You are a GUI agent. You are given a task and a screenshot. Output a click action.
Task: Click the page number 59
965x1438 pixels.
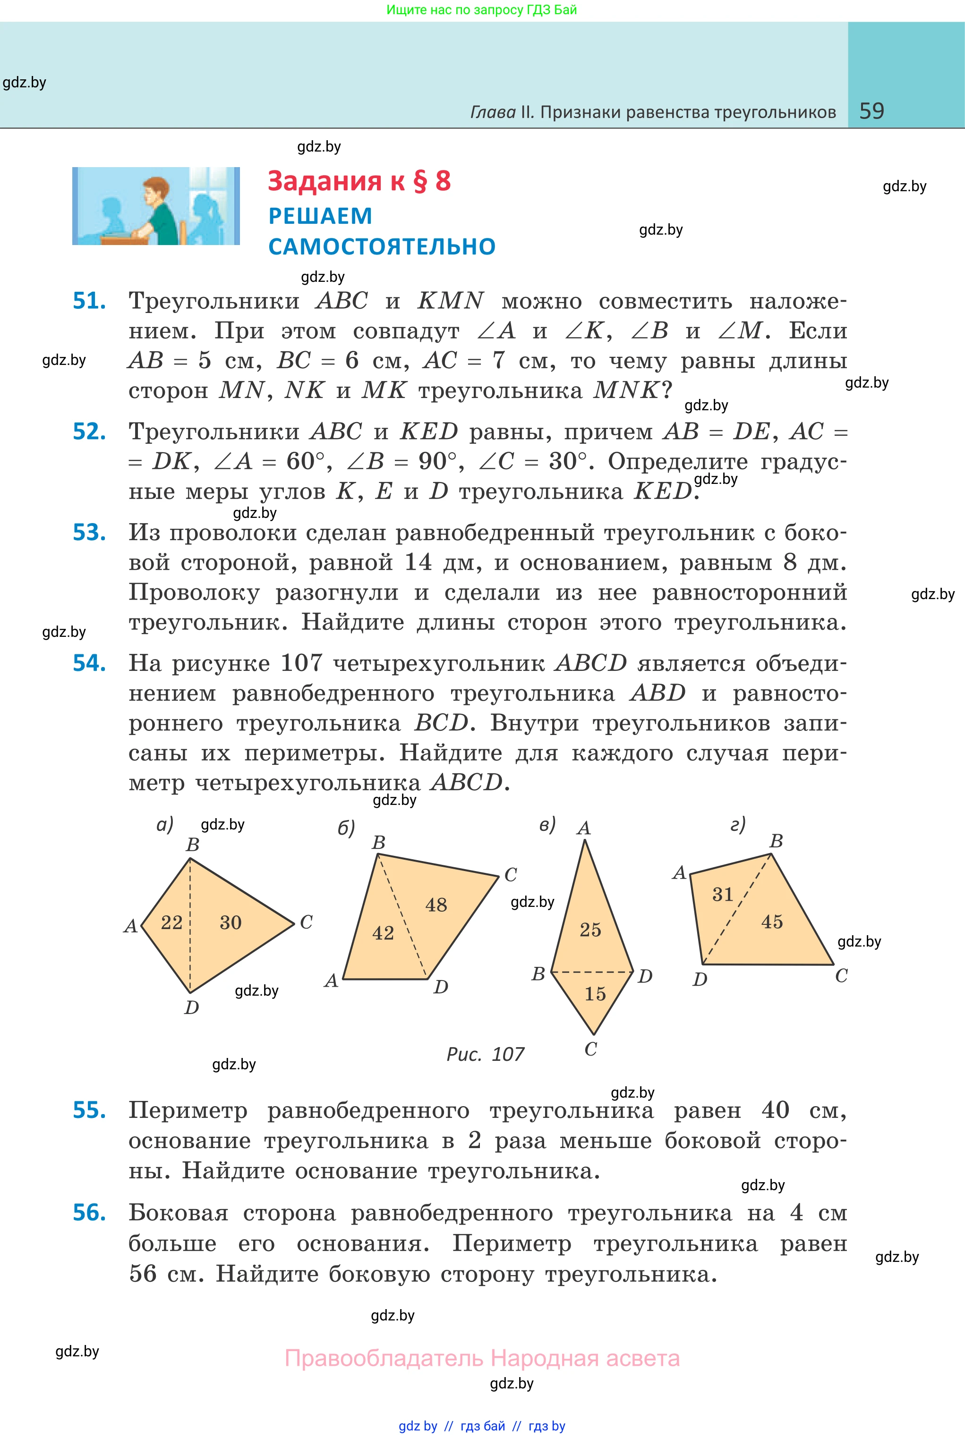pos(871,111)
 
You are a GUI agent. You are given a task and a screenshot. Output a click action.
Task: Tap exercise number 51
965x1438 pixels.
pos(89,301)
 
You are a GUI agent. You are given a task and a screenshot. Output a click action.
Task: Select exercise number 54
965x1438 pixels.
pos(89,663)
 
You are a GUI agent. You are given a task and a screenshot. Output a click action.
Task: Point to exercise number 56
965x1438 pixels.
pos(89,1212)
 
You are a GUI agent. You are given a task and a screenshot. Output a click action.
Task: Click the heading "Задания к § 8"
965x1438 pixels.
pos(359,181)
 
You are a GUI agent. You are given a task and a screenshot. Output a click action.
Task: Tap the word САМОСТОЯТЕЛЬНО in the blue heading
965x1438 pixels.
pos(382,246)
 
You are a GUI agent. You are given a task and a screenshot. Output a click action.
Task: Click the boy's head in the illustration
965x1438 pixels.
pos(156,191)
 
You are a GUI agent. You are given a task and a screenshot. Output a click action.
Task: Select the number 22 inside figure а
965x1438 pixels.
pos(172,922)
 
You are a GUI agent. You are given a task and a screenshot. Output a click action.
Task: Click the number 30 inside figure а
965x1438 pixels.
pos(231,922)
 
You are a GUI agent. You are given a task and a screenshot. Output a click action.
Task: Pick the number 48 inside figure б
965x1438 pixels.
pos(436,905)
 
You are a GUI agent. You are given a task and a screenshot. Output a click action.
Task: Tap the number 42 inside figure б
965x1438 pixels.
pos(383,933)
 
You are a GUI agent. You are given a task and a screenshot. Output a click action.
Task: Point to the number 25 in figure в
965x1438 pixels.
pos(590,930)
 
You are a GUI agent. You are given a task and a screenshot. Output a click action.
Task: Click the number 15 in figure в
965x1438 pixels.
pos(595,994)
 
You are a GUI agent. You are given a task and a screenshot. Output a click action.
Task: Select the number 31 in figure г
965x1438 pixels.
pos(723,894)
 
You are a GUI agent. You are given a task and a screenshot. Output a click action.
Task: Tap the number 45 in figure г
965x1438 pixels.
pos(772,922)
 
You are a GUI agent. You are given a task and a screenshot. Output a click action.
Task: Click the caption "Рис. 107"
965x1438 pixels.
pos(485,1055)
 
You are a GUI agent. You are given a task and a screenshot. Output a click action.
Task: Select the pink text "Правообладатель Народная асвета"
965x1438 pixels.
pos(482,1358)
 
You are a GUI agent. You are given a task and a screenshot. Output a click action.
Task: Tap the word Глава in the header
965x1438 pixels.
pos(493,112)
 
